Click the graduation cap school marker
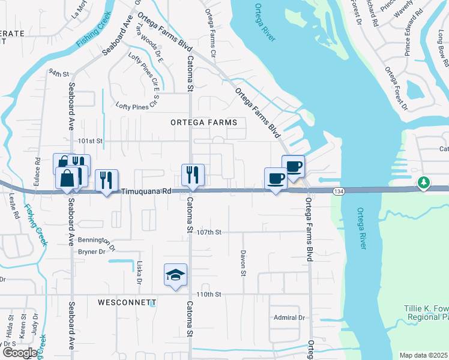click(176, 275)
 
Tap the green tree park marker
click(424, 182)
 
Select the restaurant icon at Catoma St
click(193, 175)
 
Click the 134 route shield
click(340, 191)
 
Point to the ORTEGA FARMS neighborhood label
click(203, 122)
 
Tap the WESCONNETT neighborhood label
click(127, 302)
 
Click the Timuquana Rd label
click(146, 191)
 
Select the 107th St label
click(210, 232)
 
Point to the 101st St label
click(92, 141)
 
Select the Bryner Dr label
click(92, 252)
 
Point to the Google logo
click(20, 353)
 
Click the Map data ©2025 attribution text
click(423, 355)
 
